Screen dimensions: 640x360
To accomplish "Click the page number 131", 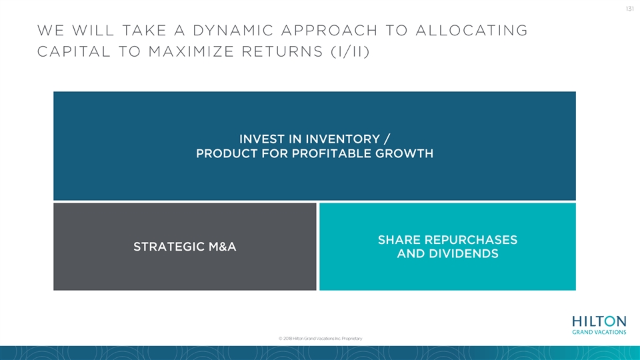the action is (x=629, y=9).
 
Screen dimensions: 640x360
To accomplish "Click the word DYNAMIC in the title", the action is (x=233, y=30).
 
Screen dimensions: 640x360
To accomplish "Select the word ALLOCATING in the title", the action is (x=471, y=30).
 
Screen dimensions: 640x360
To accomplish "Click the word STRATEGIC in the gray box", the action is (x=169, y=247).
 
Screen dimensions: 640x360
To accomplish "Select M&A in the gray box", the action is (x=223, y=247).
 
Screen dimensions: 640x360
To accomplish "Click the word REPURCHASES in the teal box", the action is (x=471, y=239).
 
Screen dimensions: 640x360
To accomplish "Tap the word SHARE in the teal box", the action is (x=399, y=239).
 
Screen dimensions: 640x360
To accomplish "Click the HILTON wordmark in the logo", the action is (x=599, y=321).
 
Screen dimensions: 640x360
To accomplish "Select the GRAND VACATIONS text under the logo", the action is (x=599, y=332).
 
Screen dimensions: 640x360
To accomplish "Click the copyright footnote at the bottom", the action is (x=321, y=339).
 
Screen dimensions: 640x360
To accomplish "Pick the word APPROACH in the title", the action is (x=329, y=30).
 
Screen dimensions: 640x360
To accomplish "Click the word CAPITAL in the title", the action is (x=74, y=51).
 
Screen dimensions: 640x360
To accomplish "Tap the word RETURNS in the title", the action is (x=283, y=51).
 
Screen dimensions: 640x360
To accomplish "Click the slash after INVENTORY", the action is (x=387, y=139).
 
